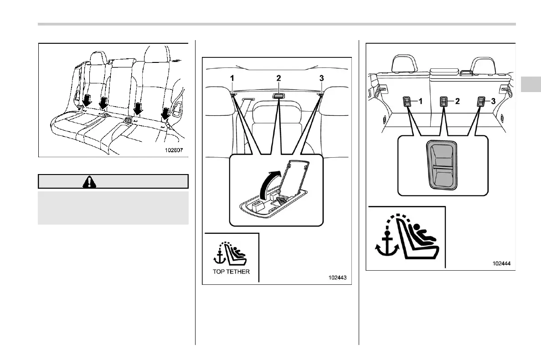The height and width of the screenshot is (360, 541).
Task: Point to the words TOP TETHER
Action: (231, 270)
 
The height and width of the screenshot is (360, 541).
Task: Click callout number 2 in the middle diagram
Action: (278, 78)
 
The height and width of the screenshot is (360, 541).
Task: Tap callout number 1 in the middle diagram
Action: (232, 78)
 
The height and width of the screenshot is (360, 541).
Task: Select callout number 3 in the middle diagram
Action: (321, 78)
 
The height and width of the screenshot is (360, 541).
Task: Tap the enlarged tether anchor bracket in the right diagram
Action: (442, 164)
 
